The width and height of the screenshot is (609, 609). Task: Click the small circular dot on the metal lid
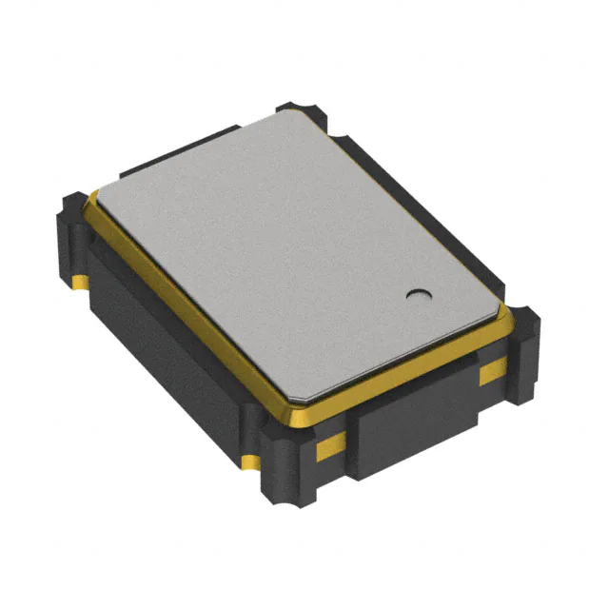tap(415, 294)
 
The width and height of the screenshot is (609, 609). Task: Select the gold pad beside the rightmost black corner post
tap(492, 371)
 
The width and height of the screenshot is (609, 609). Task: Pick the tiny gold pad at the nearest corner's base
tap(250, 463)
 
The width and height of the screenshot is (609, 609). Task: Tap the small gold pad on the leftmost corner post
tap(76, 283)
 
